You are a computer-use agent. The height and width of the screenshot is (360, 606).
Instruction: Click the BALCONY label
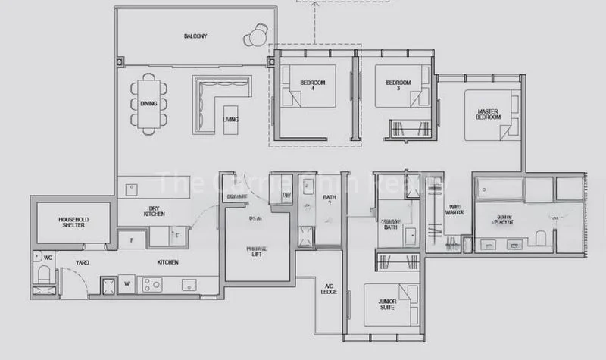coord(195,36)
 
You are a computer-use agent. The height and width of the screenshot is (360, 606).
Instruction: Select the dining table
coord(149,104)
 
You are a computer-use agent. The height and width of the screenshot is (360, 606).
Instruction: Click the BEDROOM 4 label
coord(312,86)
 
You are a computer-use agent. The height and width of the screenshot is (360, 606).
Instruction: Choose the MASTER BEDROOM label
coord(489,114)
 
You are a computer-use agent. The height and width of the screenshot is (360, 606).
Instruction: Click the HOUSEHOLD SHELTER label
coord(73,222)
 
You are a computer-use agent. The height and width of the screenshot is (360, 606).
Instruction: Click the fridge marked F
coord(132,241)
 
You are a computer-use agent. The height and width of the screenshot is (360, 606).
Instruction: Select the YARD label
coord(82,262)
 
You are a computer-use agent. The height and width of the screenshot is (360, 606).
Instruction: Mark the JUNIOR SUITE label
coord(388,305)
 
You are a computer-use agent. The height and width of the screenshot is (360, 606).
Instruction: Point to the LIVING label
coord(230,120)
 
